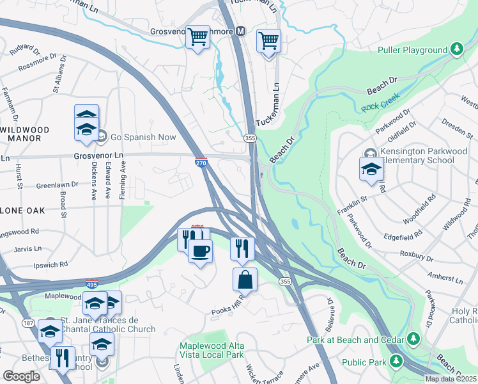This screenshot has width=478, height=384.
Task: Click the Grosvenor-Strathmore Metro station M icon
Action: (x=241, y=31)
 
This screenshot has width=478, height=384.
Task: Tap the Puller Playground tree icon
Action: (x=456, y=49)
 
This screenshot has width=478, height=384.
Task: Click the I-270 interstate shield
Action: (x=201, y=163)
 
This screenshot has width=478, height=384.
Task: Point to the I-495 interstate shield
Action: (x=91, y=284)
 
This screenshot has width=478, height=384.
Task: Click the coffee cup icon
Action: (x=201, y=250)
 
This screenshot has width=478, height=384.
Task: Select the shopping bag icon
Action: (x=245, y=279)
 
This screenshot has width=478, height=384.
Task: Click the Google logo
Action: (x=21, y=376)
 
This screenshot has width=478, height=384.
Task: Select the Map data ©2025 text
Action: (x=451, y=379)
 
